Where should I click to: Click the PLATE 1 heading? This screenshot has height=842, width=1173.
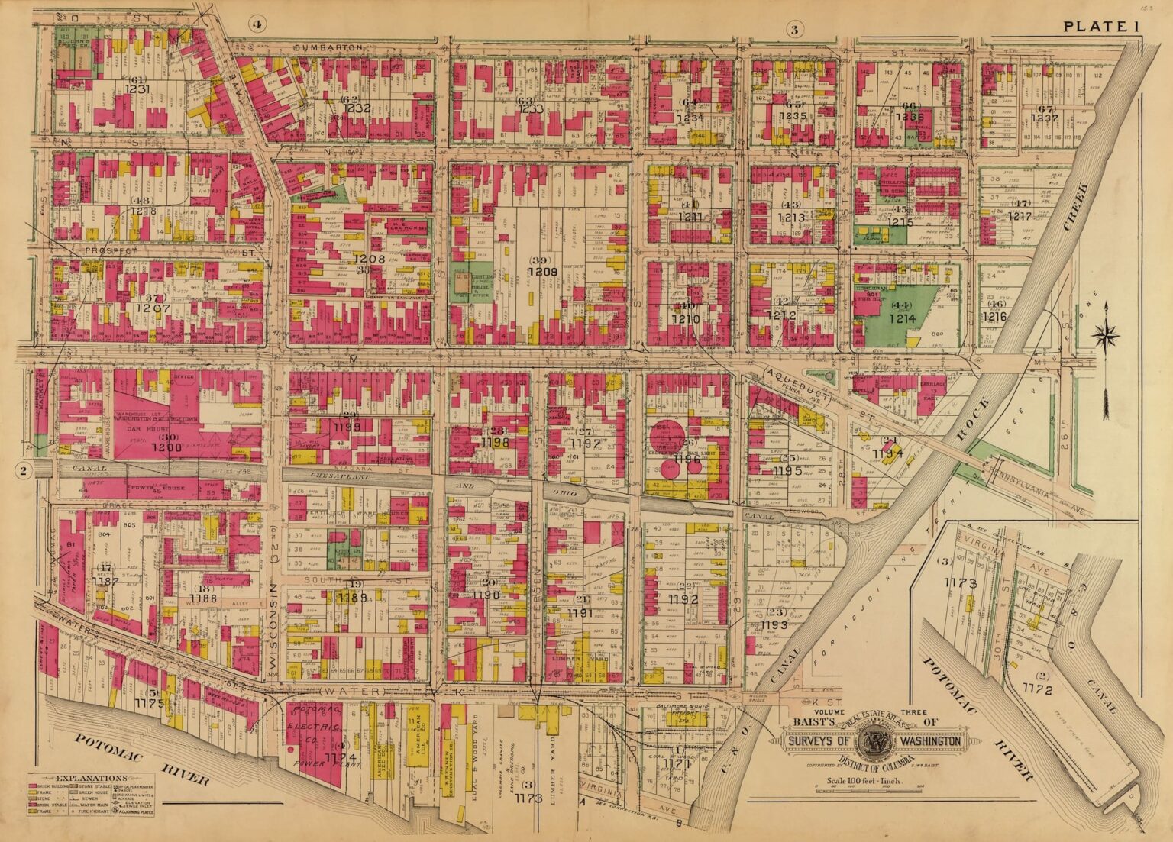pos(1100,27)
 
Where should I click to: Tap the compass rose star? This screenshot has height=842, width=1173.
pos(1105,334)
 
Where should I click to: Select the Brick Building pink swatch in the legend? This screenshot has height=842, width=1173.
pos(34,786)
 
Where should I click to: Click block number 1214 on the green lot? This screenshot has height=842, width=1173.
pos(902,319)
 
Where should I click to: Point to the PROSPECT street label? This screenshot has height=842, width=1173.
pos(111,250)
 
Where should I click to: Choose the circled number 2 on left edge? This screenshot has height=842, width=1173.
pos(24,471)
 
